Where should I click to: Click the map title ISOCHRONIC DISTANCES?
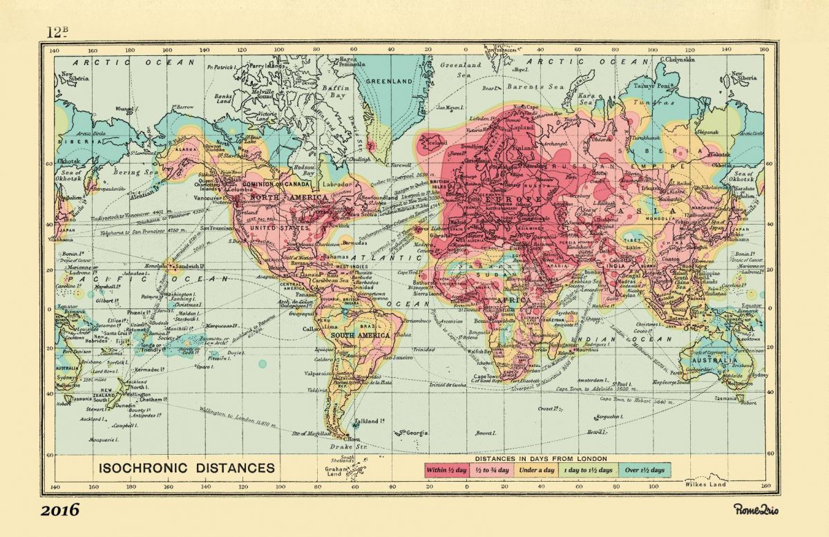tap(187, 468)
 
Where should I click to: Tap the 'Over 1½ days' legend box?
tap(644, 471)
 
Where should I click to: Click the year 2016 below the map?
tap(59, 511)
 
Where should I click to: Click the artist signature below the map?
tap(756, 509)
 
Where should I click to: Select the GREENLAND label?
tap(388, 81)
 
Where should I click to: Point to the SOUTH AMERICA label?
tap(361, 335)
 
